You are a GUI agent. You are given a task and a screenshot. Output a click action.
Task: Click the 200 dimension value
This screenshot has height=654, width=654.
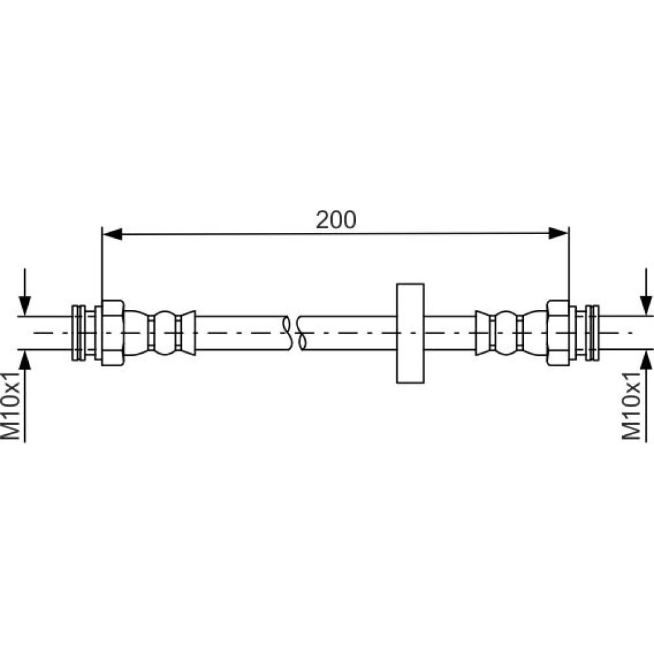[336, 220]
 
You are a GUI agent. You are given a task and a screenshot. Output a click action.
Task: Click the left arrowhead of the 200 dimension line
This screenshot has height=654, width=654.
[112, 234]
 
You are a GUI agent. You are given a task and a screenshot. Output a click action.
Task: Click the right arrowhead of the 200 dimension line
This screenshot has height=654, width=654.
[559, 233]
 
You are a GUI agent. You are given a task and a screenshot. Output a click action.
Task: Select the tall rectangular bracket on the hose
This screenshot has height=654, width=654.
[411, 334]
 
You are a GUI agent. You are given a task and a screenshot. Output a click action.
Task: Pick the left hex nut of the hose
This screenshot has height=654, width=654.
[112, 333]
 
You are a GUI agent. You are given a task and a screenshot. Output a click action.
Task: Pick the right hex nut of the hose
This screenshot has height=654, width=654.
[558, 333]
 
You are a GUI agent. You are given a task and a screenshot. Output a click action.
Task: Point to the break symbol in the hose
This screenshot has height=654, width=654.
[295, 333]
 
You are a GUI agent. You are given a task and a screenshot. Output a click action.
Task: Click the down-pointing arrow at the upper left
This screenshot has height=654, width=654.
[25, 292]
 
